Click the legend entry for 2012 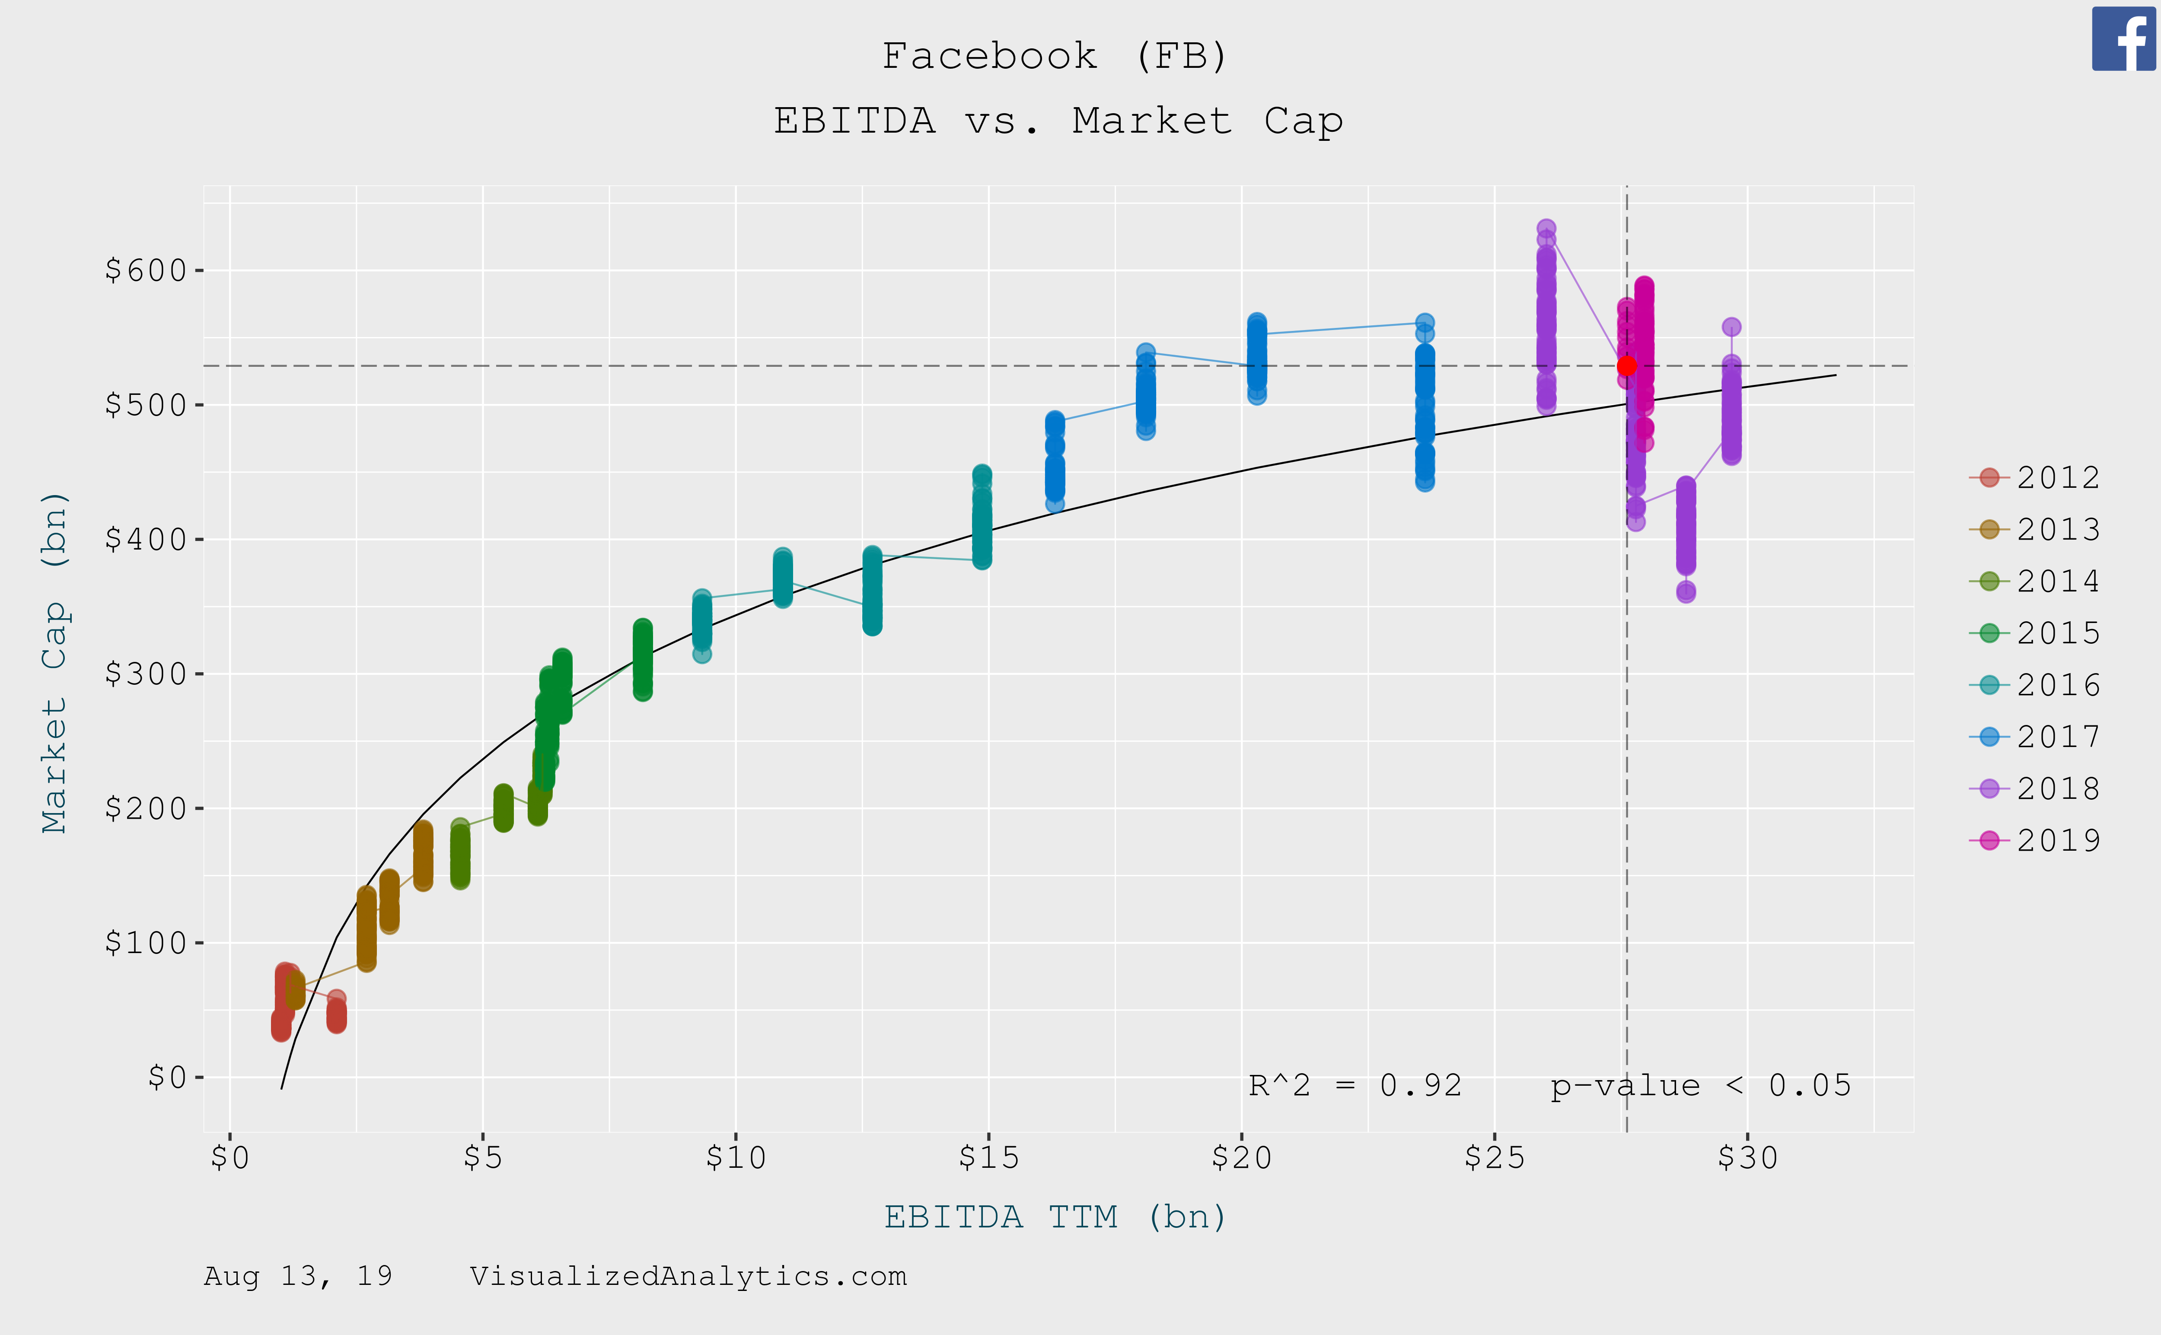point(2036,478)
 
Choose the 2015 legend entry point(2036,633)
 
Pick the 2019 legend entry point(2036,841)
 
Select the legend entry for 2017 point(2036,736)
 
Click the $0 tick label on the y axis point(168,1077)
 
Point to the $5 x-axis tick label point(483,1157)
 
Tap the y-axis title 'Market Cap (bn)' point(55,662)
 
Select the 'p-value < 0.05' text point(1700,1085)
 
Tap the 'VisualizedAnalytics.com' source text point(688,1277)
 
